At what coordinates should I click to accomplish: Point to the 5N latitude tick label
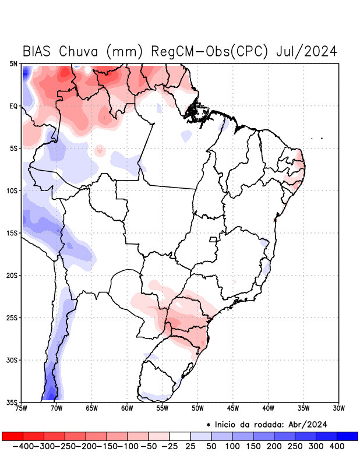(x=13, y=63)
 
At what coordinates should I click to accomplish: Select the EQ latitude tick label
(x=13, y=106)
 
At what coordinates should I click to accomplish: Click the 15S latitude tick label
(x=12, y=233)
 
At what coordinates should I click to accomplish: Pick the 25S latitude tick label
(x=12, y=318)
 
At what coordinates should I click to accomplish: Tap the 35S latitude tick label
(x=12, y=402)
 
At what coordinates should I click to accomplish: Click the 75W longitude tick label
(x=21, y=408)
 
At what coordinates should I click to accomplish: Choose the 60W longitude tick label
(x=127, y=408)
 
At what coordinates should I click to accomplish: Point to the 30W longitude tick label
(x=338, y=408)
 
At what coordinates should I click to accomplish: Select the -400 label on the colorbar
(x=23, y=446)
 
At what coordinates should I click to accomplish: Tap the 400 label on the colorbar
(x=337, y=446)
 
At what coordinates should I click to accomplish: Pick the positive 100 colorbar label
(x=232, y=446)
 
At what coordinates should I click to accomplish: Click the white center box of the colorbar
(x=180, y=436)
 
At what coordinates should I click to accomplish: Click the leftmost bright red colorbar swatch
(x=12, y=436)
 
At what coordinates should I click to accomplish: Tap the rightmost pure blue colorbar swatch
(x=348, y=436)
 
